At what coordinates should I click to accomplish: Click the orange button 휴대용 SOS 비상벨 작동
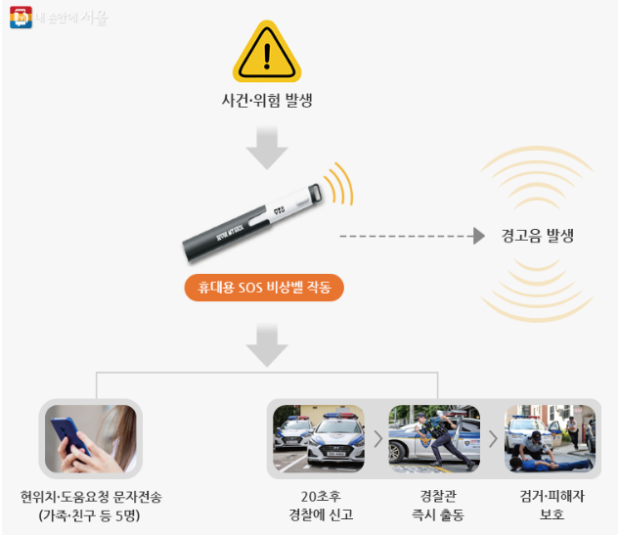point(264,289)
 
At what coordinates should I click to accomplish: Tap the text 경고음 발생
point(537,236)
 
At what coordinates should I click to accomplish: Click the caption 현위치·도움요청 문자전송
point(91,496)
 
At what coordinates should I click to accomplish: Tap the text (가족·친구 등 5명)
point(91,514)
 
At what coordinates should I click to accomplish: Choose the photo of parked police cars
point(319,437)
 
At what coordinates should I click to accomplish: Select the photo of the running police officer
point(434,437)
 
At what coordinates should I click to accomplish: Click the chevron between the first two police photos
point(377,437)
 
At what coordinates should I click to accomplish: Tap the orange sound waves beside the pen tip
point(338,183)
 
